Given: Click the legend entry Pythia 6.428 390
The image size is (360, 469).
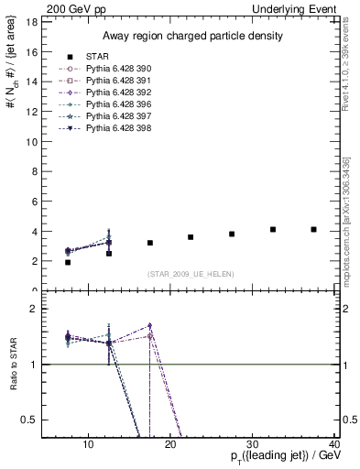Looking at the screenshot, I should [x=118, y=69].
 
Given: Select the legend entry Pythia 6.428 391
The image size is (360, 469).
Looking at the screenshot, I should [x=118, y=81].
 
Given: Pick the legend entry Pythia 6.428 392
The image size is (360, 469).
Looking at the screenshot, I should [x=118, y=93].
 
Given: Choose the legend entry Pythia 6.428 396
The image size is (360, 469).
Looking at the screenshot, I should [x=118, y=104].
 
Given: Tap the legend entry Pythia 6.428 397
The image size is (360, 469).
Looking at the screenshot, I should [x=118, y=116].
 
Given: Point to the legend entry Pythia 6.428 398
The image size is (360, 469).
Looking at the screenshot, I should [x=118, y=128].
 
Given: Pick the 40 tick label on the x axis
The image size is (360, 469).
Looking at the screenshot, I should [x=335, y=446].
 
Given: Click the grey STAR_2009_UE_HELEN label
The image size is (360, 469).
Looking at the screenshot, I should [x=191, y=275].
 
